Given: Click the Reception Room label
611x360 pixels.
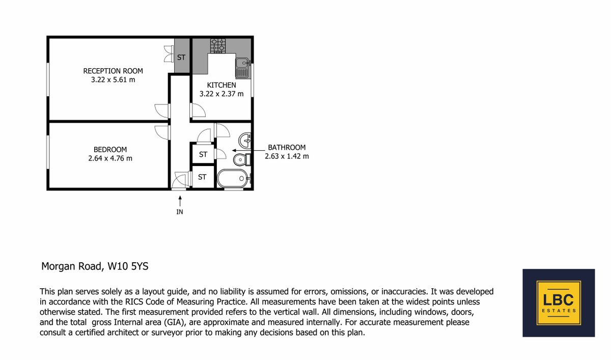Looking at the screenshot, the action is (113, 71).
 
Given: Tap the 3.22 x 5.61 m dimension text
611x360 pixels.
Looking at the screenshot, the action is (113, 79).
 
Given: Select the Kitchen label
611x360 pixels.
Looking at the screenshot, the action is (221, 85).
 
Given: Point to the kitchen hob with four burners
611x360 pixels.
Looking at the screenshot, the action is (218, 46).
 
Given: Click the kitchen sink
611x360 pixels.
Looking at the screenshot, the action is (242, 68).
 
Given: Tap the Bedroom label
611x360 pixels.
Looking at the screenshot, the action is (110, 150).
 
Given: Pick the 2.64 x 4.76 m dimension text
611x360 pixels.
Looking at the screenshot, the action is (110, 158).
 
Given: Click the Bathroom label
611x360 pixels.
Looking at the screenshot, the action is (287, 147).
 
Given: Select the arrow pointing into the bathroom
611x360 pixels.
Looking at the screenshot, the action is (248, 150).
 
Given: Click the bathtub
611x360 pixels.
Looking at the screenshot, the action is (233, 179).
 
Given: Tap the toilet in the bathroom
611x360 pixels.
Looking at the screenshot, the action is (242, 159).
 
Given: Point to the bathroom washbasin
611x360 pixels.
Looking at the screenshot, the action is (245, 141).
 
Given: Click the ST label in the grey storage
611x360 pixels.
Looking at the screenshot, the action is (181, 58).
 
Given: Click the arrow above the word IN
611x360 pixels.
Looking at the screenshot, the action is (180, 201).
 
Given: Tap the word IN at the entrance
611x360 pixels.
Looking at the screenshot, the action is (179, 212).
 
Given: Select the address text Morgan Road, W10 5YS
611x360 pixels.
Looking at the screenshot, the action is (95, 266).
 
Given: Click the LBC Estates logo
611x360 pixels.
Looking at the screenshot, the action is (559, 303).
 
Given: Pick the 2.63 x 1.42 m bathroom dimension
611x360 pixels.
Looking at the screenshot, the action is (287, 156).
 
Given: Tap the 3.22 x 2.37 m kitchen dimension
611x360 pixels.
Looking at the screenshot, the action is (221, 94).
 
